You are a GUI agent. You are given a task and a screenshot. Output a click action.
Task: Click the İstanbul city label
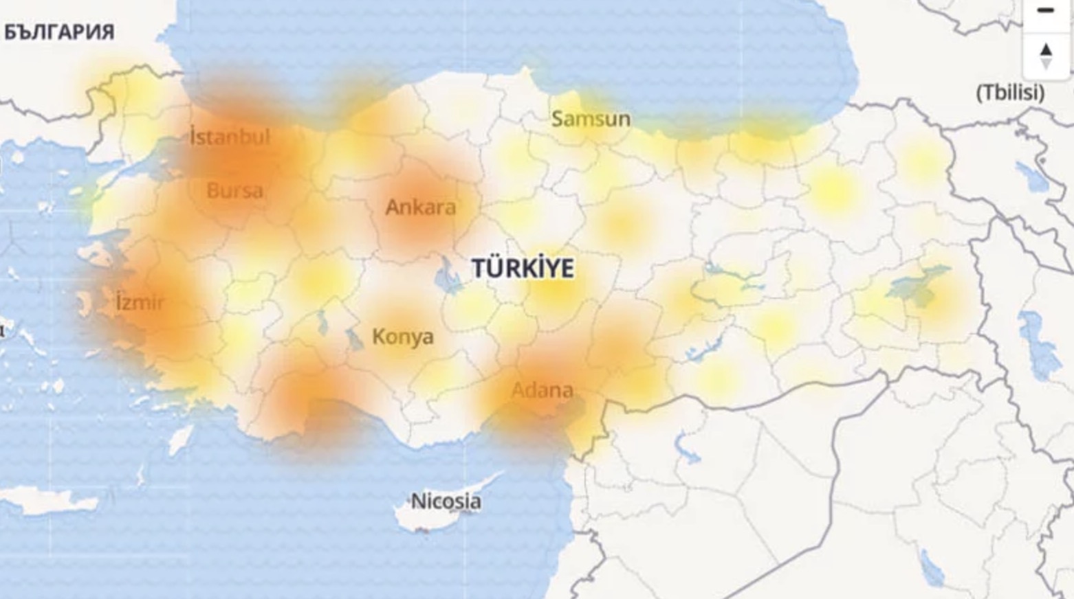[230, 137]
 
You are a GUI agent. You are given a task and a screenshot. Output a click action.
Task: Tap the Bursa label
[234, 190]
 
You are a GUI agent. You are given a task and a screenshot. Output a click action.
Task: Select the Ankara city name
[420, 207]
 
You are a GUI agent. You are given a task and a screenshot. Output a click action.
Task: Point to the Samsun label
[591, 119]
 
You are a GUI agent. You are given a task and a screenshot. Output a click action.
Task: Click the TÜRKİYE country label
[523, 268]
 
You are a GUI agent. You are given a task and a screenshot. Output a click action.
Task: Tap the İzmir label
[140, 302]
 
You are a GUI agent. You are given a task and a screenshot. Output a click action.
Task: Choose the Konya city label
[402, 337]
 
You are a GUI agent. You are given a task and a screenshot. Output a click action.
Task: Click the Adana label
[542, 390]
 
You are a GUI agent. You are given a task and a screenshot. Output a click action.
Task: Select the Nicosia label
[446, 501]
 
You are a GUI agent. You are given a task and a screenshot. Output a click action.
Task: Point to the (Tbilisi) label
[1010, 92]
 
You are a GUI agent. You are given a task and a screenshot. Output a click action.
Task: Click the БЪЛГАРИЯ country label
[59, 32]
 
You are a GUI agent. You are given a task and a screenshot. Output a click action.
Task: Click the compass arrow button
[1046, 56]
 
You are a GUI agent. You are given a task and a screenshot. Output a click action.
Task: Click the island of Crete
[41, 500]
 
